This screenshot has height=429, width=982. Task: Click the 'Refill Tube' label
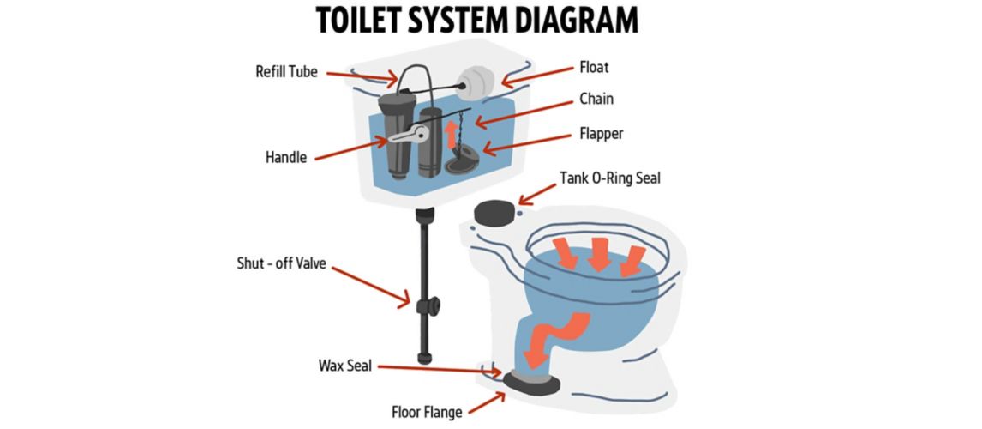pyautogui.click(x=286, y=72)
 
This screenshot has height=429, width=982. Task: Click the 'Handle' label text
pyautogui.click(x=285, y=158)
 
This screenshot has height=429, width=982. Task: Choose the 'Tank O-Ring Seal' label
pyautogui.click(x=610, y=178)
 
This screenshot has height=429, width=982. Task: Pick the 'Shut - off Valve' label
pyautogui.click(x=281, y=263)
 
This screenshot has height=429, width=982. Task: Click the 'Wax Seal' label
pyautogui.click(x=344, y=366)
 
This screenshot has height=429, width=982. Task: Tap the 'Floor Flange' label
pyautogui.click(x=428, y=412)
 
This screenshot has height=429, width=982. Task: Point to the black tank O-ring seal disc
pyautogui.click(x=495, y=212)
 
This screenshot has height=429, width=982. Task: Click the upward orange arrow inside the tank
pyautogui.click(x=451, y=136)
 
